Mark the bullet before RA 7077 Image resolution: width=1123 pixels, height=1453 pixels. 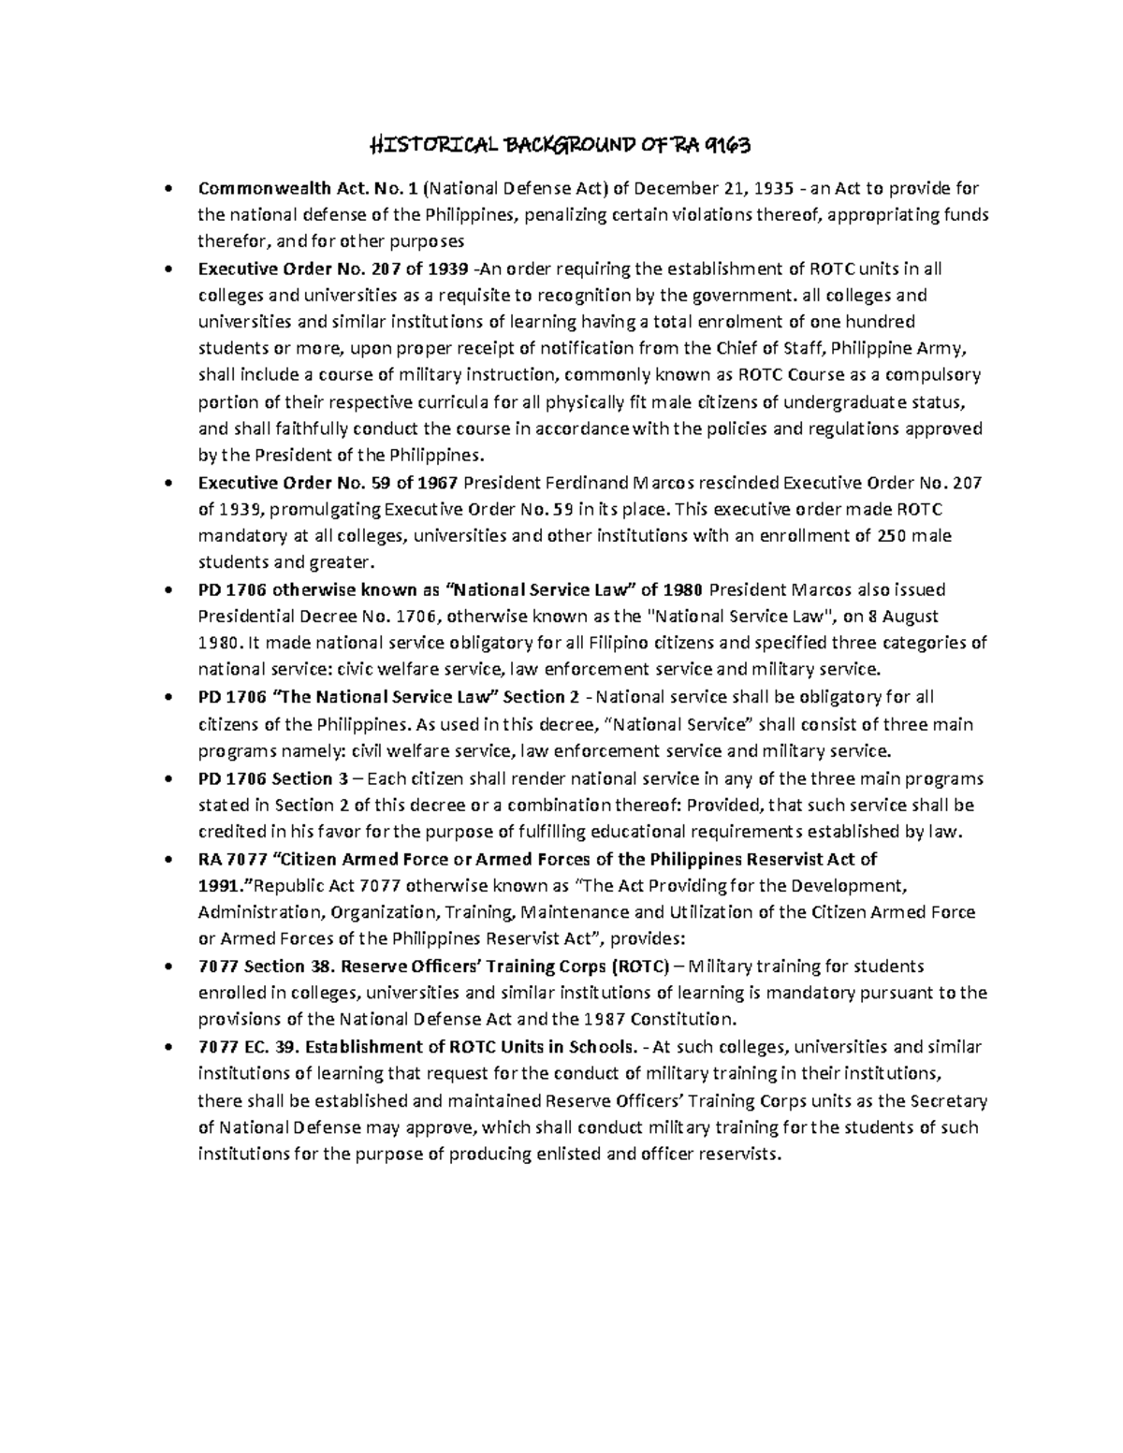pos(168,860)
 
